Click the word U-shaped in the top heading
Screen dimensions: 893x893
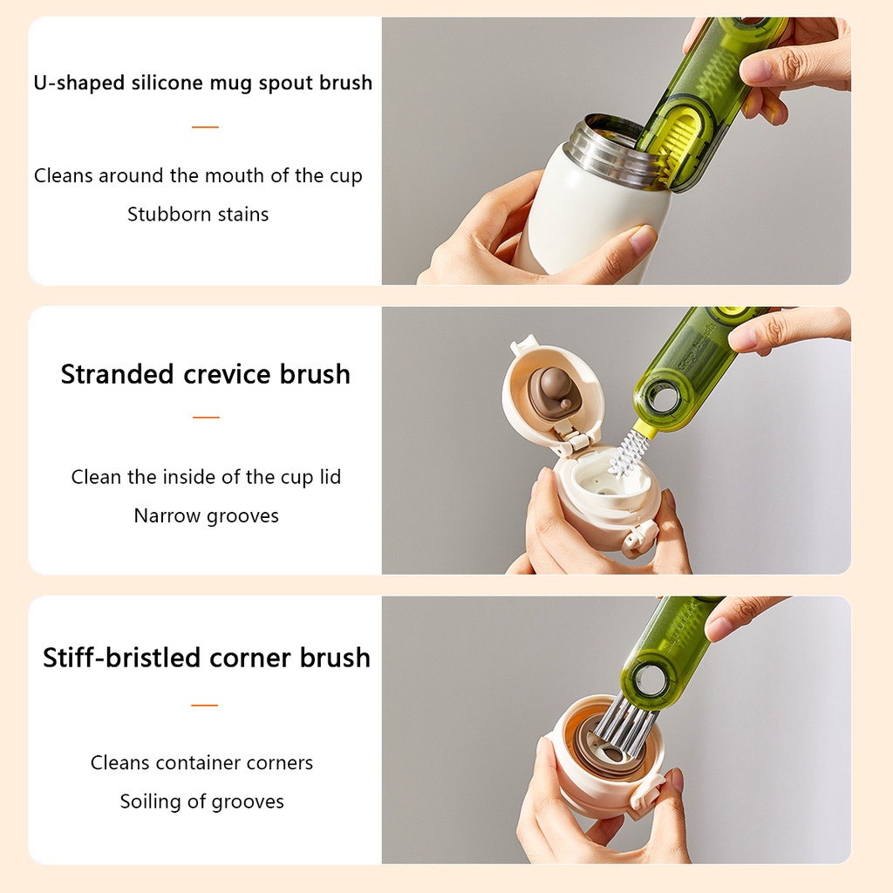coord(78,83)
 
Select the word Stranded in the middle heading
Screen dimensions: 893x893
coord(117,374)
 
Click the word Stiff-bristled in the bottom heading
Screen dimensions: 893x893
coord(121,658)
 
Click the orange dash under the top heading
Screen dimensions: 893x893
coord(205,127)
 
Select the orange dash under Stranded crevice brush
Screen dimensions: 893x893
coord(206,418)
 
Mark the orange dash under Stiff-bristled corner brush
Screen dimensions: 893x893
coord(204,705)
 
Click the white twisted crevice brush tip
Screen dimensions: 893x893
coord(626,453)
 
